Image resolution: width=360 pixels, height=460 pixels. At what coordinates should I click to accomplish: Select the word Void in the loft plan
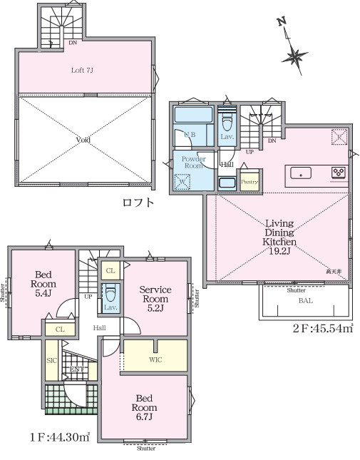tap(83, 140)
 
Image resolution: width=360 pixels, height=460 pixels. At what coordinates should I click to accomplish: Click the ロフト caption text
tap(138, 203)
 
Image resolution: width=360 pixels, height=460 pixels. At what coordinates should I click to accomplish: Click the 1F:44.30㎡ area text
tap(58, 436)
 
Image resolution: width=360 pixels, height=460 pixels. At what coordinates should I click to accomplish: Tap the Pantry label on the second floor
tap(249, 182)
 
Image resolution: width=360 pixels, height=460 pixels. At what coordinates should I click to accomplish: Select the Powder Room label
tap(193, 162)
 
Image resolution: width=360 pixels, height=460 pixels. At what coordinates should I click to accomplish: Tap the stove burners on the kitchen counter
tap(338, 173)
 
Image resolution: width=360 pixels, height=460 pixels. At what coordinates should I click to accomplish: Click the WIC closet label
tap(155, 359)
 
